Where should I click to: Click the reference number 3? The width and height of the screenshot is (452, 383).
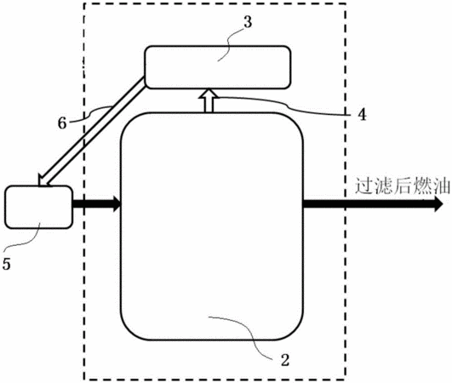[248, 21]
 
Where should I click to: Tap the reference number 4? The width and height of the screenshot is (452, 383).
[362, 115]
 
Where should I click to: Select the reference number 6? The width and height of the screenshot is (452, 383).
[62, 123]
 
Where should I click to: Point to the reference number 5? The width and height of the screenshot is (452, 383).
[6, 264]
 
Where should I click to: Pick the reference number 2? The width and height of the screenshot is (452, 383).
[285, 360]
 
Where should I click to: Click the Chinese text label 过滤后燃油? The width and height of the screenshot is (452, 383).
[402, 186]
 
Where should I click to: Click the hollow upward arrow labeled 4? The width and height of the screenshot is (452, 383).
[209, 100]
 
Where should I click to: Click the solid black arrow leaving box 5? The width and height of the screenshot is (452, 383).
[96, 203]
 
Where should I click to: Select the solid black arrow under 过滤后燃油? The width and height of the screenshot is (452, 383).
[373, 203]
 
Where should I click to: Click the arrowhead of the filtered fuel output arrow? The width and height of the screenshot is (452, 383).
[438, 203]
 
